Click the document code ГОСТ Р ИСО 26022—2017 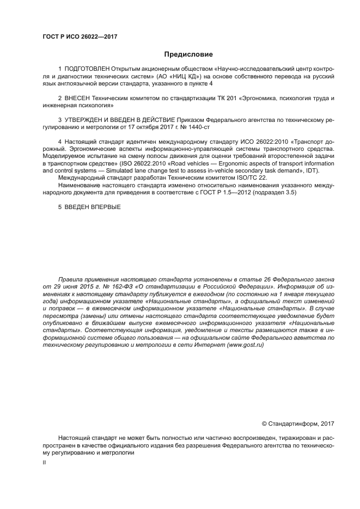click(80, 37)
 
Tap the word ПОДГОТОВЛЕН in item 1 click(87, 70)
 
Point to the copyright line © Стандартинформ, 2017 click(298, 423)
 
